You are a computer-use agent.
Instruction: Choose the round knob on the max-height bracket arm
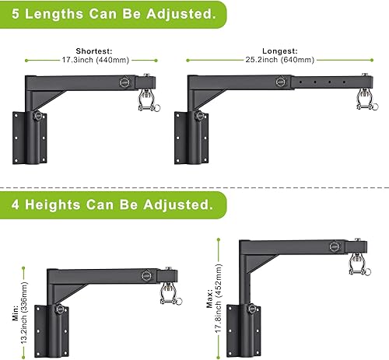[335, 250]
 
